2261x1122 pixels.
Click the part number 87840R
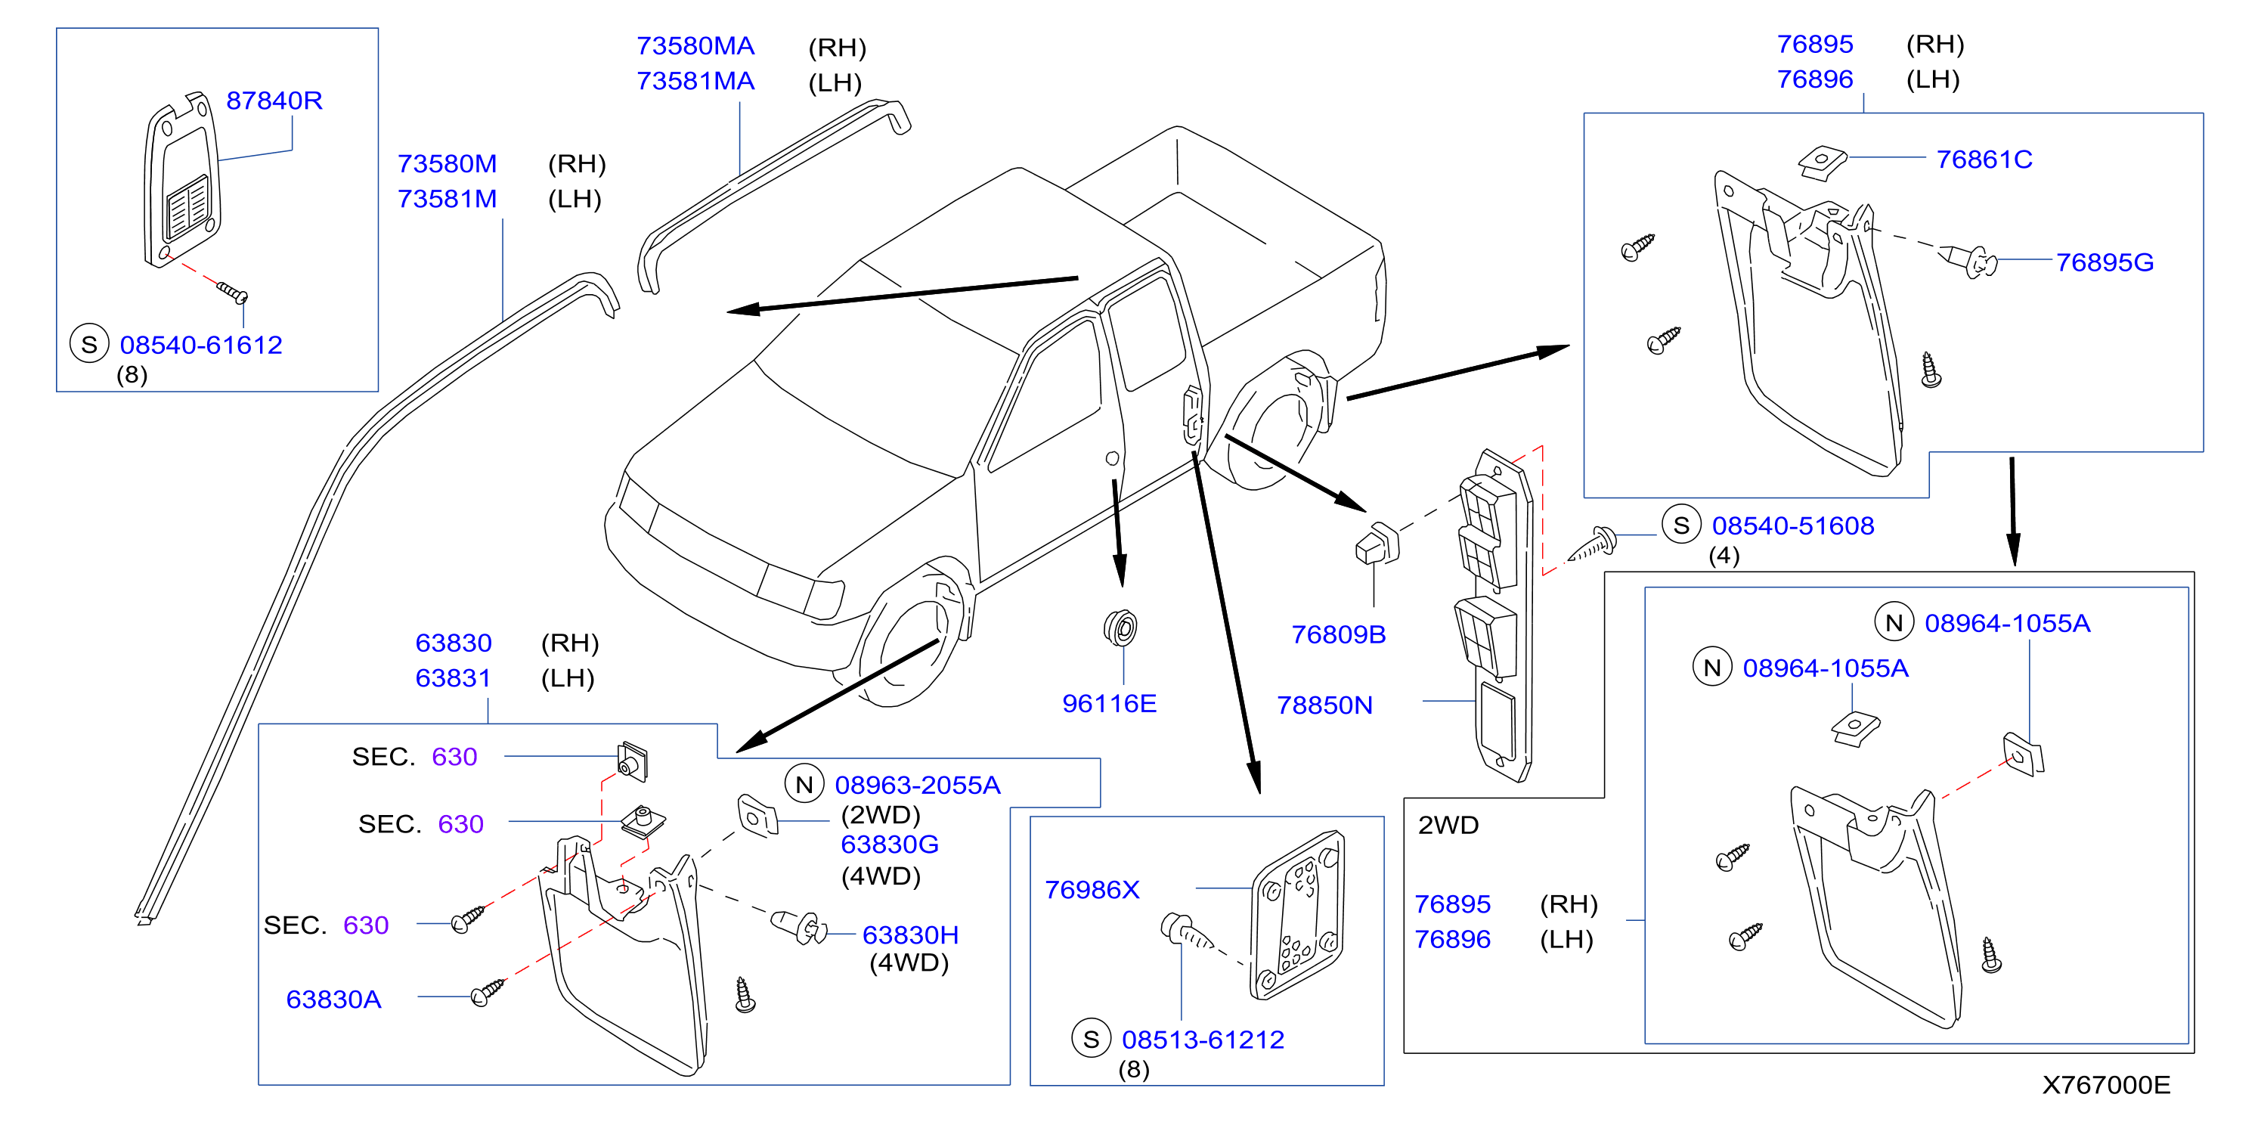(x=274, y=101)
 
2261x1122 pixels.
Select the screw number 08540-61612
(x=201, y=345)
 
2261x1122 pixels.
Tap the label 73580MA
(x=695, y=45)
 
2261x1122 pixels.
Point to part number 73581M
(x=448, y=200)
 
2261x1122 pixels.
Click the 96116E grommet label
(x=1110, y=703)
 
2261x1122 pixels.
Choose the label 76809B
(x=1339, y=635)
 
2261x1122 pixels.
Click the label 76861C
(x=1984, y=160)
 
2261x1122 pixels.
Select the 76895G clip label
(x=2105, y=262)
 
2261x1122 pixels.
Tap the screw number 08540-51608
(x=1793, y=526)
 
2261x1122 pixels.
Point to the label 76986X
(x=1092, y=890)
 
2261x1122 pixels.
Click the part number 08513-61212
(x=1203, y=1040)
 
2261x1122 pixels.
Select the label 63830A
(x=333, y=1000)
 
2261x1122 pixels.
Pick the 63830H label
(x=910, y=935)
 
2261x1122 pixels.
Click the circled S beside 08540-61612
(x=89, y=344)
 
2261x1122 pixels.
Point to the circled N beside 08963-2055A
(x=804, y=784)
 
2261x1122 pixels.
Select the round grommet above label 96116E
(x=1120, y=628)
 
